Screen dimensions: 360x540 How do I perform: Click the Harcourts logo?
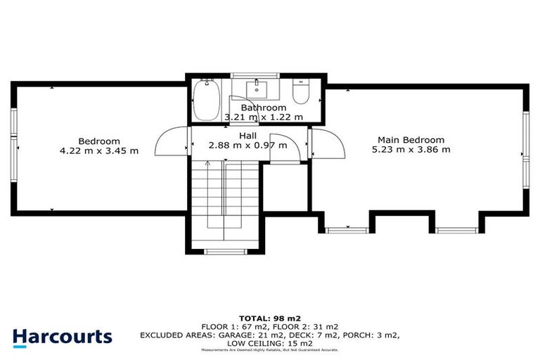point(62,336)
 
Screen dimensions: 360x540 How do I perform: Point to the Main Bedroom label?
point(411,139)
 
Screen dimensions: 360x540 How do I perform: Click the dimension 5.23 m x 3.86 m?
point(411,149)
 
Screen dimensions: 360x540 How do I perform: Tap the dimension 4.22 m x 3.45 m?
point(98,150)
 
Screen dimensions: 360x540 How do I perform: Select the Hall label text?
point(247,136)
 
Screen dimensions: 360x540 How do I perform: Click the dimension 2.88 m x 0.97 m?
point(247,146)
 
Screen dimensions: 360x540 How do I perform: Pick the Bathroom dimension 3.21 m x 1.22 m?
point(263,117)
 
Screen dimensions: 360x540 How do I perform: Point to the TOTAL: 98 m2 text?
point(269,318)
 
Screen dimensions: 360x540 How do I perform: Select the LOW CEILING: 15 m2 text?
point(270,342)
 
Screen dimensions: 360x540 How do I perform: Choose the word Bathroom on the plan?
point(264,108)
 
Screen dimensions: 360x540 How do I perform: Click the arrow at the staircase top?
point(207,163)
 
